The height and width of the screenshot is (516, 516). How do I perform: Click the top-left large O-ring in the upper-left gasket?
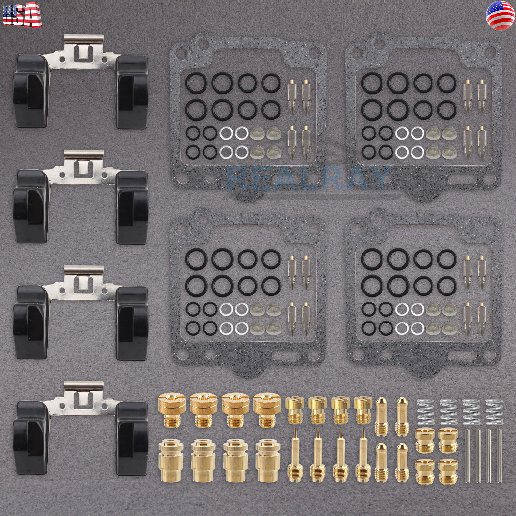coord(194,83)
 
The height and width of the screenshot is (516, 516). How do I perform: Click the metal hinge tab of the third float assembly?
coord(84,270)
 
